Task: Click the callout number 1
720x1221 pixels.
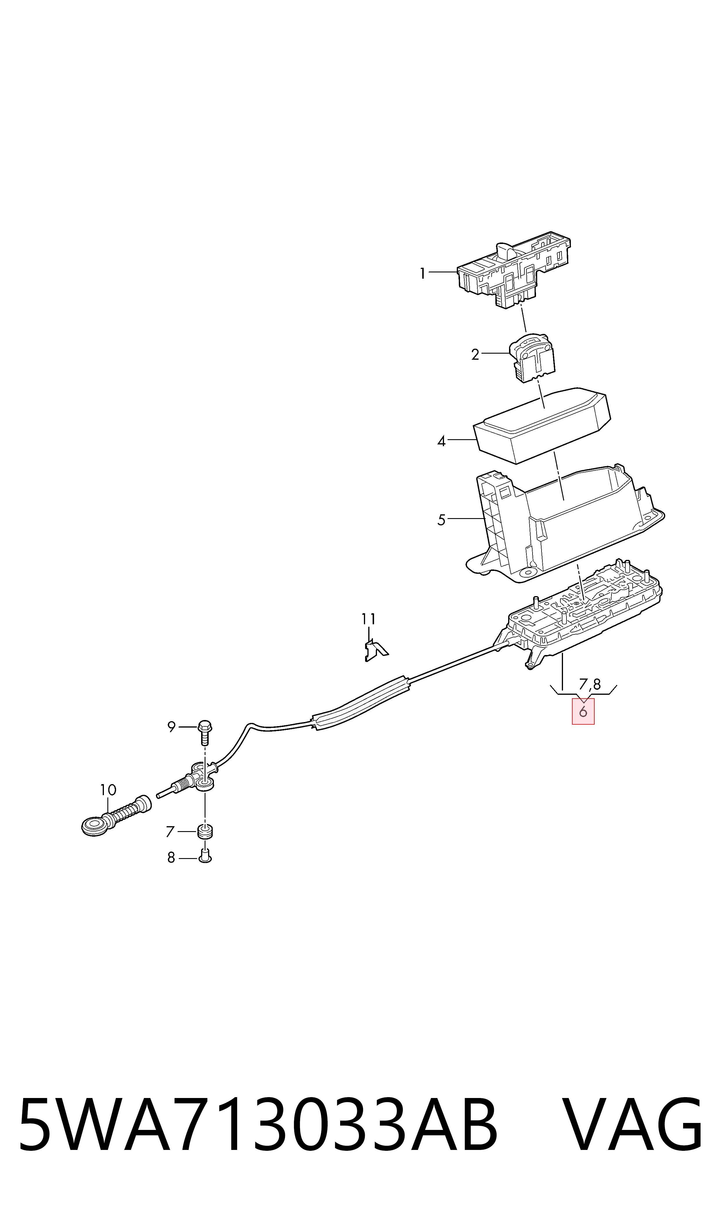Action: [423, 274]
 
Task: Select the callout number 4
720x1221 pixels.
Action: [441, 441]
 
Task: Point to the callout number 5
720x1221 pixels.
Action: [441, 520]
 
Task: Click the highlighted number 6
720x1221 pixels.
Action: [583, 711]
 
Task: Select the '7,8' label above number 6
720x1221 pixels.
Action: [590, 684]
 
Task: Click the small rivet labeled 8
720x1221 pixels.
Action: [205, 857]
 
